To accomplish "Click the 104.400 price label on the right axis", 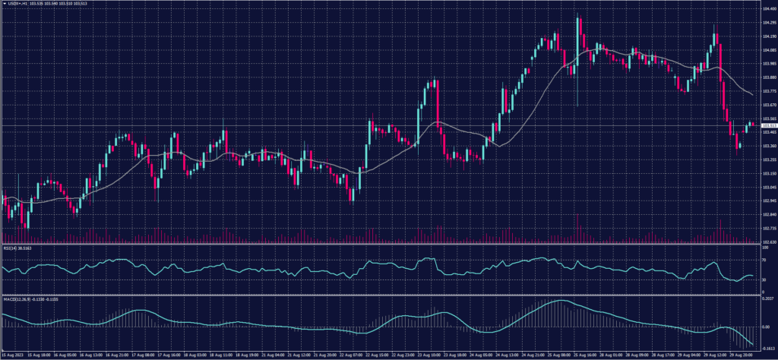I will (x=768, y=8).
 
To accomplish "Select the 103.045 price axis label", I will (x=768, y=188).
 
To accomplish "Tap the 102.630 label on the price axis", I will (x=768, y=242).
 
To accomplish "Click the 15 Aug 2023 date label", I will (x=11, y=355).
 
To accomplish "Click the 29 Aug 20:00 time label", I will (x=740, y=355).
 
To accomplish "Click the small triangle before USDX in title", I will (x=3, y=4).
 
